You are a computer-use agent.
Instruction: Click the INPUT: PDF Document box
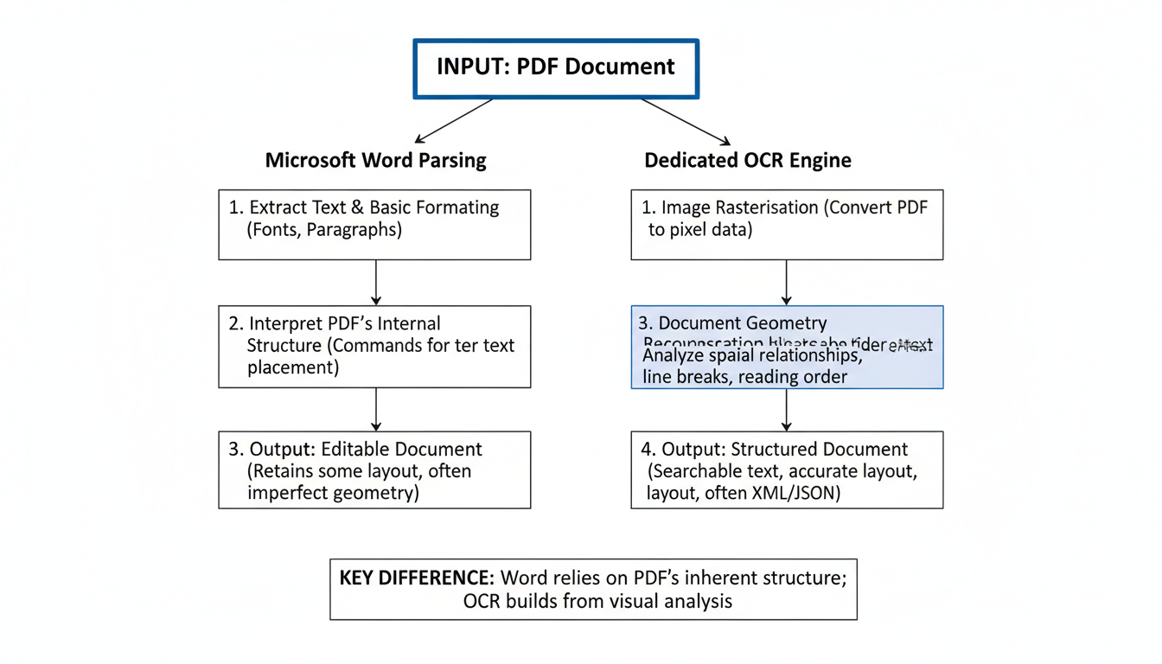pos(556,68)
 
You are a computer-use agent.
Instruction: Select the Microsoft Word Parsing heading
pos(375,160)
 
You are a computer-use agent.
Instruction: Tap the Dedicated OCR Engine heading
pos(747,160)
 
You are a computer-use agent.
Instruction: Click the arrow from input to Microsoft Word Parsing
pos(454,120)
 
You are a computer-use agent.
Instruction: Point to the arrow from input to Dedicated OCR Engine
pos(686,121)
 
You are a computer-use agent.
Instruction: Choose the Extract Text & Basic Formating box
pos(374,225)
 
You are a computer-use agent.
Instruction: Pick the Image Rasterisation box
pos(787,225)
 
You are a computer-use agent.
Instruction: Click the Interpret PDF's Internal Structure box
pos(374,347)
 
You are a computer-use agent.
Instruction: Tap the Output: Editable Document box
pos(374,470)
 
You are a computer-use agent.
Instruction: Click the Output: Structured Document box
pos(787,470)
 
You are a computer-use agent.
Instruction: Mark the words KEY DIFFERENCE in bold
pos(416,578)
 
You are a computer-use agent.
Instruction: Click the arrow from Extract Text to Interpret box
pos(376,283)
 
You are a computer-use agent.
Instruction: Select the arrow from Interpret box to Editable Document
pos(376,410)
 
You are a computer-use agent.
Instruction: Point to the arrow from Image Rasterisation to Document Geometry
pos(786,283)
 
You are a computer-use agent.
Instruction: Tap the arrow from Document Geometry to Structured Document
pos(786,410)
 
